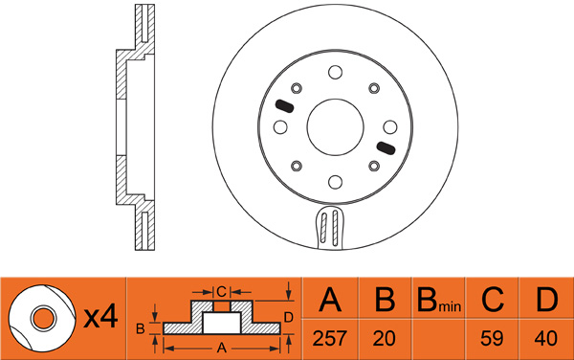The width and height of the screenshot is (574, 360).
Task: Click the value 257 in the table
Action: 329,338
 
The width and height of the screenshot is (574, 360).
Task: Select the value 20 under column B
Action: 384,338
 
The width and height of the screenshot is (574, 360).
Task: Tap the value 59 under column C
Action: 492,338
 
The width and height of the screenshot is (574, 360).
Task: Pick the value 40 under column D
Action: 546,338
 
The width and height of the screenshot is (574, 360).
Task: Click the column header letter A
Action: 330,300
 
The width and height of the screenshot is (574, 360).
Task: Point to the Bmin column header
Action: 439,301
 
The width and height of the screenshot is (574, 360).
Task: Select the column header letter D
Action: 546,300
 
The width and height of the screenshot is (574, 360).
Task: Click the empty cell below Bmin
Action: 438,339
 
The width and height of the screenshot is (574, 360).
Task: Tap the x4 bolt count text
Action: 100,317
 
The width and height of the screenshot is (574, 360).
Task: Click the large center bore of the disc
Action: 336,127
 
